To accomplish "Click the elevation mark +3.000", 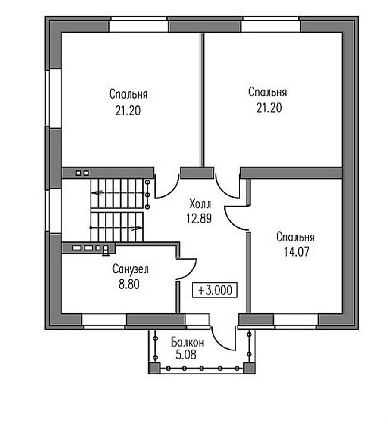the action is click(215, 290).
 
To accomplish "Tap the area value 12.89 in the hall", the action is click(199, 218).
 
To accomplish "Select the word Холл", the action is click(200, 204).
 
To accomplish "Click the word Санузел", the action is click(130, 269).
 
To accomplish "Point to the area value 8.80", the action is click(129, 284).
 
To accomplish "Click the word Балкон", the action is click(188, 342).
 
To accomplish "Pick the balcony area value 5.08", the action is click(186, 355).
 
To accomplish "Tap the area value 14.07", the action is click(296, 252).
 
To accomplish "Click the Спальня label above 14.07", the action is click(295, 237).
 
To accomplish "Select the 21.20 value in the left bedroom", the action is click(128, 111).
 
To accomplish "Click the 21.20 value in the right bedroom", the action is click(269, 108).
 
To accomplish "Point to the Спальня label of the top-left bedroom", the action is click(128, 94).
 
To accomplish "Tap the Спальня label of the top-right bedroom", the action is click(268, 92).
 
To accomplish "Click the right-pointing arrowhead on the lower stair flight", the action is click(137, 228).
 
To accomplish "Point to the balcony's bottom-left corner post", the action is click(154, 368).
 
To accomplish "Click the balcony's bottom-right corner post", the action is click(249, 368).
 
